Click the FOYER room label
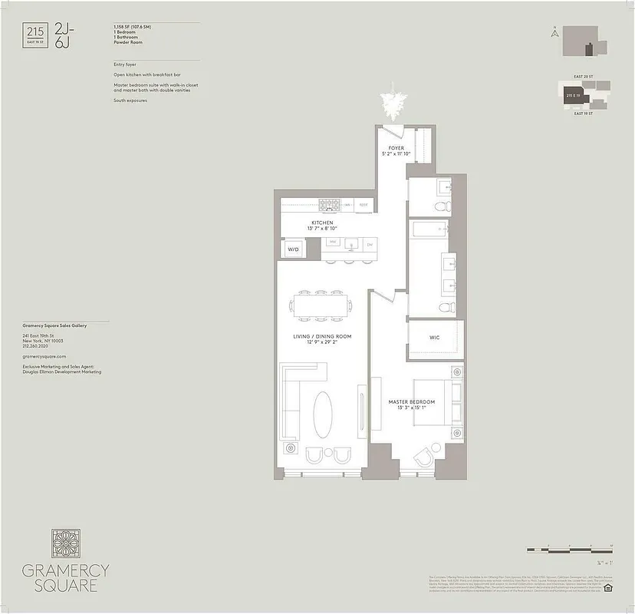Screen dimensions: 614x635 [x=396, y=148]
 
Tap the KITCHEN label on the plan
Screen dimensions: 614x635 [x=322, y=223]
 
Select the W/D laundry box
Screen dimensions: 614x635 [x=293, y=249]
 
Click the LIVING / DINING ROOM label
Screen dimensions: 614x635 [x=322, y=336]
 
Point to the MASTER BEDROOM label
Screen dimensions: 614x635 [x=411, y=402]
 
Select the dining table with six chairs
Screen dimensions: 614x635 [x=319, y=307]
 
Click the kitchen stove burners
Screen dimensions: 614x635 [x=330, y=204]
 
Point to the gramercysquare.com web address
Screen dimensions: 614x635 [x=45, y=357]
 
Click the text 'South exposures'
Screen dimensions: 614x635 [x=130, y=101]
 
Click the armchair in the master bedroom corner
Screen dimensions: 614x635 [x=424, y=458]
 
